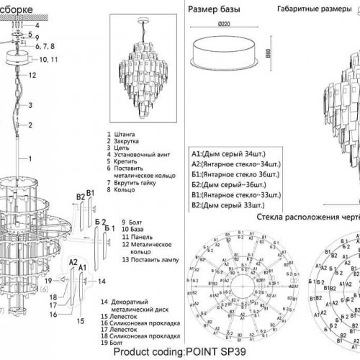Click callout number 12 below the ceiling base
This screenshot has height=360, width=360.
(x=32, y=74)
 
